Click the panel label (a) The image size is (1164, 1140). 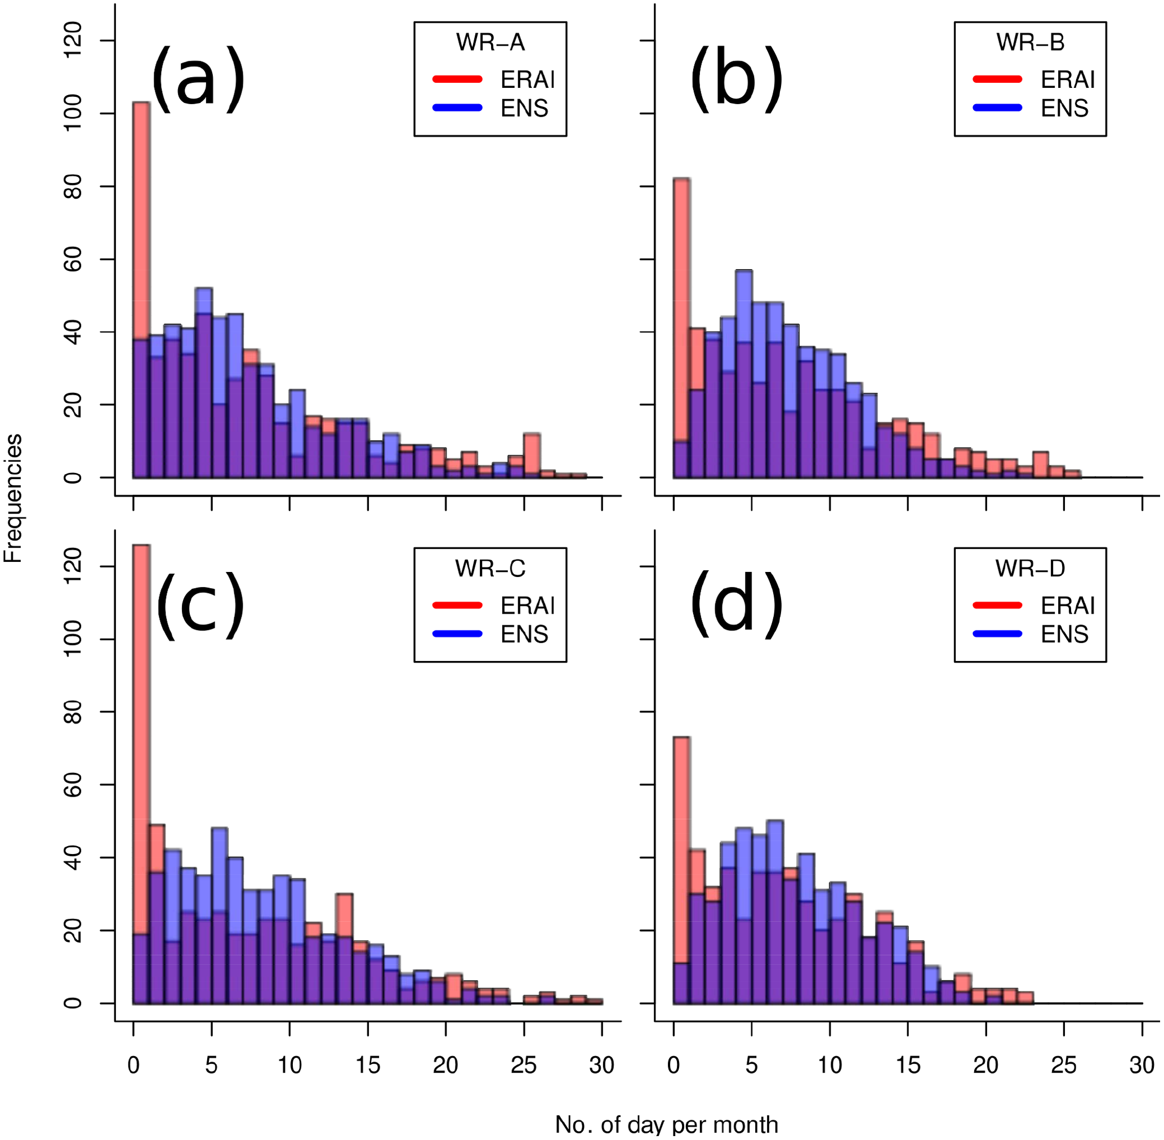pyautogui.click(x=198, y=79)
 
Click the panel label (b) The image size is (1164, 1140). pyautogui.click(x=737, y=79)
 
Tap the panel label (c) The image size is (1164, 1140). pyautogui.click(x=200, y=605)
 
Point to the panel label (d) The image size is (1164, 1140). pyautogui.click(x=737, y=605)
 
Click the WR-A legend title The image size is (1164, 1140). pyautogui.click(x=490, y=43)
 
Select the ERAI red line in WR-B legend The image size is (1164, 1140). pyautogui.click(x=997, y=79)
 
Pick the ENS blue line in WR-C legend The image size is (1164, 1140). pyautogui.click(x=457, y=633)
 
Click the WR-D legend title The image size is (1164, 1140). pyautogui.click(x=1030, y=568)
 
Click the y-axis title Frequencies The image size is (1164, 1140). pyautogui.click(x=13, y=498)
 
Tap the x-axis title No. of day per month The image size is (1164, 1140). pyautogui.click(x=666, y=1124)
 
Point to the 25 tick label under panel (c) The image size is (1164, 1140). pyautogui.click(x=523, y=1065)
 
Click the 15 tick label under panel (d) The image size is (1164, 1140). pyautogui.click(x=908, y=1065)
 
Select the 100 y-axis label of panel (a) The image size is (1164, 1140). pyautogui.click(x=73, y=113)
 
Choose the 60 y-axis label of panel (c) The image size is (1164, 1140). pyautogui.click(x=73, y=784)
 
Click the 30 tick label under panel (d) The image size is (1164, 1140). pyautogui.click(x=1142, y=1065)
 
